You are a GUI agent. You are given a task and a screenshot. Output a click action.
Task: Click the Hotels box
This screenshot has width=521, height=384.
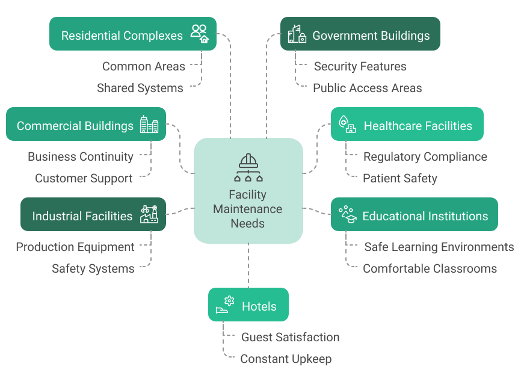click(248, 305)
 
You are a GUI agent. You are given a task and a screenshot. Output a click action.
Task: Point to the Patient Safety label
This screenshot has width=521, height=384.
click(399, 178)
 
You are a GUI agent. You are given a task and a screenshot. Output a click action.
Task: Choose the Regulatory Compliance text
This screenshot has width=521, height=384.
click(425, 156)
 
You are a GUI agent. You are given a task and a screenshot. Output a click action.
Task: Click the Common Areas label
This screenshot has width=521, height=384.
click(143, 66)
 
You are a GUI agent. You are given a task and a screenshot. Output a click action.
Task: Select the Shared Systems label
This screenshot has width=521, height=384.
click(140, 88)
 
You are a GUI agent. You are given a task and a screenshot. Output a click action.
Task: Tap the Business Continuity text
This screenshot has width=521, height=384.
click(81, 156)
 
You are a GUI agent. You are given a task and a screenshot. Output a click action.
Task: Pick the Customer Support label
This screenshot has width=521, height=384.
click(84, 178)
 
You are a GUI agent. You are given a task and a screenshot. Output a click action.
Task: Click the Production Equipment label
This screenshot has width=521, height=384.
click(75, 247)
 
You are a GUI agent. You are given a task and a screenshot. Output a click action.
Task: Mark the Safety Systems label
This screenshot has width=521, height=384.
click(93, 268)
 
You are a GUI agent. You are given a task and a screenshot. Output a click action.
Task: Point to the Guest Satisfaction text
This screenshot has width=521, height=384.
click(290, 337)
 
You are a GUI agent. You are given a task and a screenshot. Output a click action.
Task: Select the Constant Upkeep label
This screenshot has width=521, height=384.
click(286, 359)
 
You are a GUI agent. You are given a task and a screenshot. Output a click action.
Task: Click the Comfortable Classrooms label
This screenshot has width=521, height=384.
click(430, 268)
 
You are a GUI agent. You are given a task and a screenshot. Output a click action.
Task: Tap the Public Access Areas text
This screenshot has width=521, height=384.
click(367, 88)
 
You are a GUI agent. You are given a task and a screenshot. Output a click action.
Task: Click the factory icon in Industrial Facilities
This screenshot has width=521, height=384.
click(149, 214)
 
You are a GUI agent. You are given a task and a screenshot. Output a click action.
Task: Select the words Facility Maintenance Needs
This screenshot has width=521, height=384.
click(247, 209)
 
